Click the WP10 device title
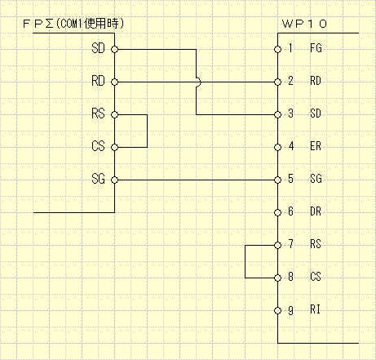click(x=314, y=24)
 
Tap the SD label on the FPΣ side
click(x=100, y=49)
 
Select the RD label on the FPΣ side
click(x=100, y=82)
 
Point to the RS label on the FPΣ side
click(x=100, y=114)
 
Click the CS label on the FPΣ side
click(x=100, y=147)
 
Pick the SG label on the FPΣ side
click(x=100, y=180)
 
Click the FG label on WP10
click(x=316, y=49)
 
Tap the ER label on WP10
click(x=316, y=147)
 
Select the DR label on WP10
click(x=316, y=212)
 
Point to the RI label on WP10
click(x=316, y=310)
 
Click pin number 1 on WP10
click(x=290, y=49)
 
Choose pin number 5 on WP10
click(x=290, y=180)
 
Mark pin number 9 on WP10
click(x=290, y=310)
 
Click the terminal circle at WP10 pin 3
click(x=277, y=114)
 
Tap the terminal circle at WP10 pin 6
click(x=277, y=212)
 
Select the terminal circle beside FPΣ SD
click(x=115, y=49)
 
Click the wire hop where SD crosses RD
click(x=197, y=82)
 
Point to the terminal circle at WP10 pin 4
click(x=277, y=147)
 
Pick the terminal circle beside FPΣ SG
click(x=115, y=180)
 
